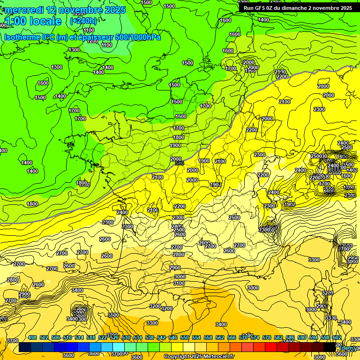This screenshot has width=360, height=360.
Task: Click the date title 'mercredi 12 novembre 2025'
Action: (65, 10)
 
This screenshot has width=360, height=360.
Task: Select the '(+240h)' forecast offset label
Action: (83, 21)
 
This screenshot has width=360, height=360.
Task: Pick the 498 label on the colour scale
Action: (32, 337)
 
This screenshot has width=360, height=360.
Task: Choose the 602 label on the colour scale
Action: (337, 337)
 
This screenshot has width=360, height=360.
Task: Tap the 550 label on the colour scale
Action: (185, 337)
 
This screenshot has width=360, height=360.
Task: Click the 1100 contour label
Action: (107, 45)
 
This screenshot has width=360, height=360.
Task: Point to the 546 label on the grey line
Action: (179, 163)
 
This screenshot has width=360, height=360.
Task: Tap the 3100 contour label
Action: (179, 283)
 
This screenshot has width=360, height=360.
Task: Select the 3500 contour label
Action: (113, 315)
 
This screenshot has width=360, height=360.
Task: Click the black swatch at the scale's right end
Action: (330, 347)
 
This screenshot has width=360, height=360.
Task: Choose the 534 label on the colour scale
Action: (138, 337)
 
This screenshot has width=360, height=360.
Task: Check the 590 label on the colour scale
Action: (302, 337)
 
